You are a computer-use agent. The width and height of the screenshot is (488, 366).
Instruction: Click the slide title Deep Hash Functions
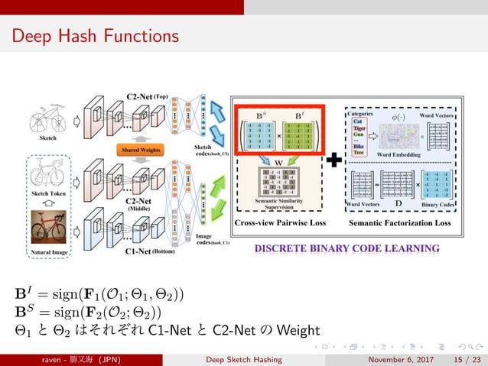pos(96,36)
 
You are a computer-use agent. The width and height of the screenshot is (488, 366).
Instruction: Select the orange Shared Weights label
pos(141,150)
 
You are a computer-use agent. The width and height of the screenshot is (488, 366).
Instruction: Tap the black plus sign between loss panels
pos(334,162)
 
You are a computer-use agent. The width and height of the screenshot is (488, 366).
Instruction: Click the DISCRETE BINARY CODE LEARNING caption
pos(346,248)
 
